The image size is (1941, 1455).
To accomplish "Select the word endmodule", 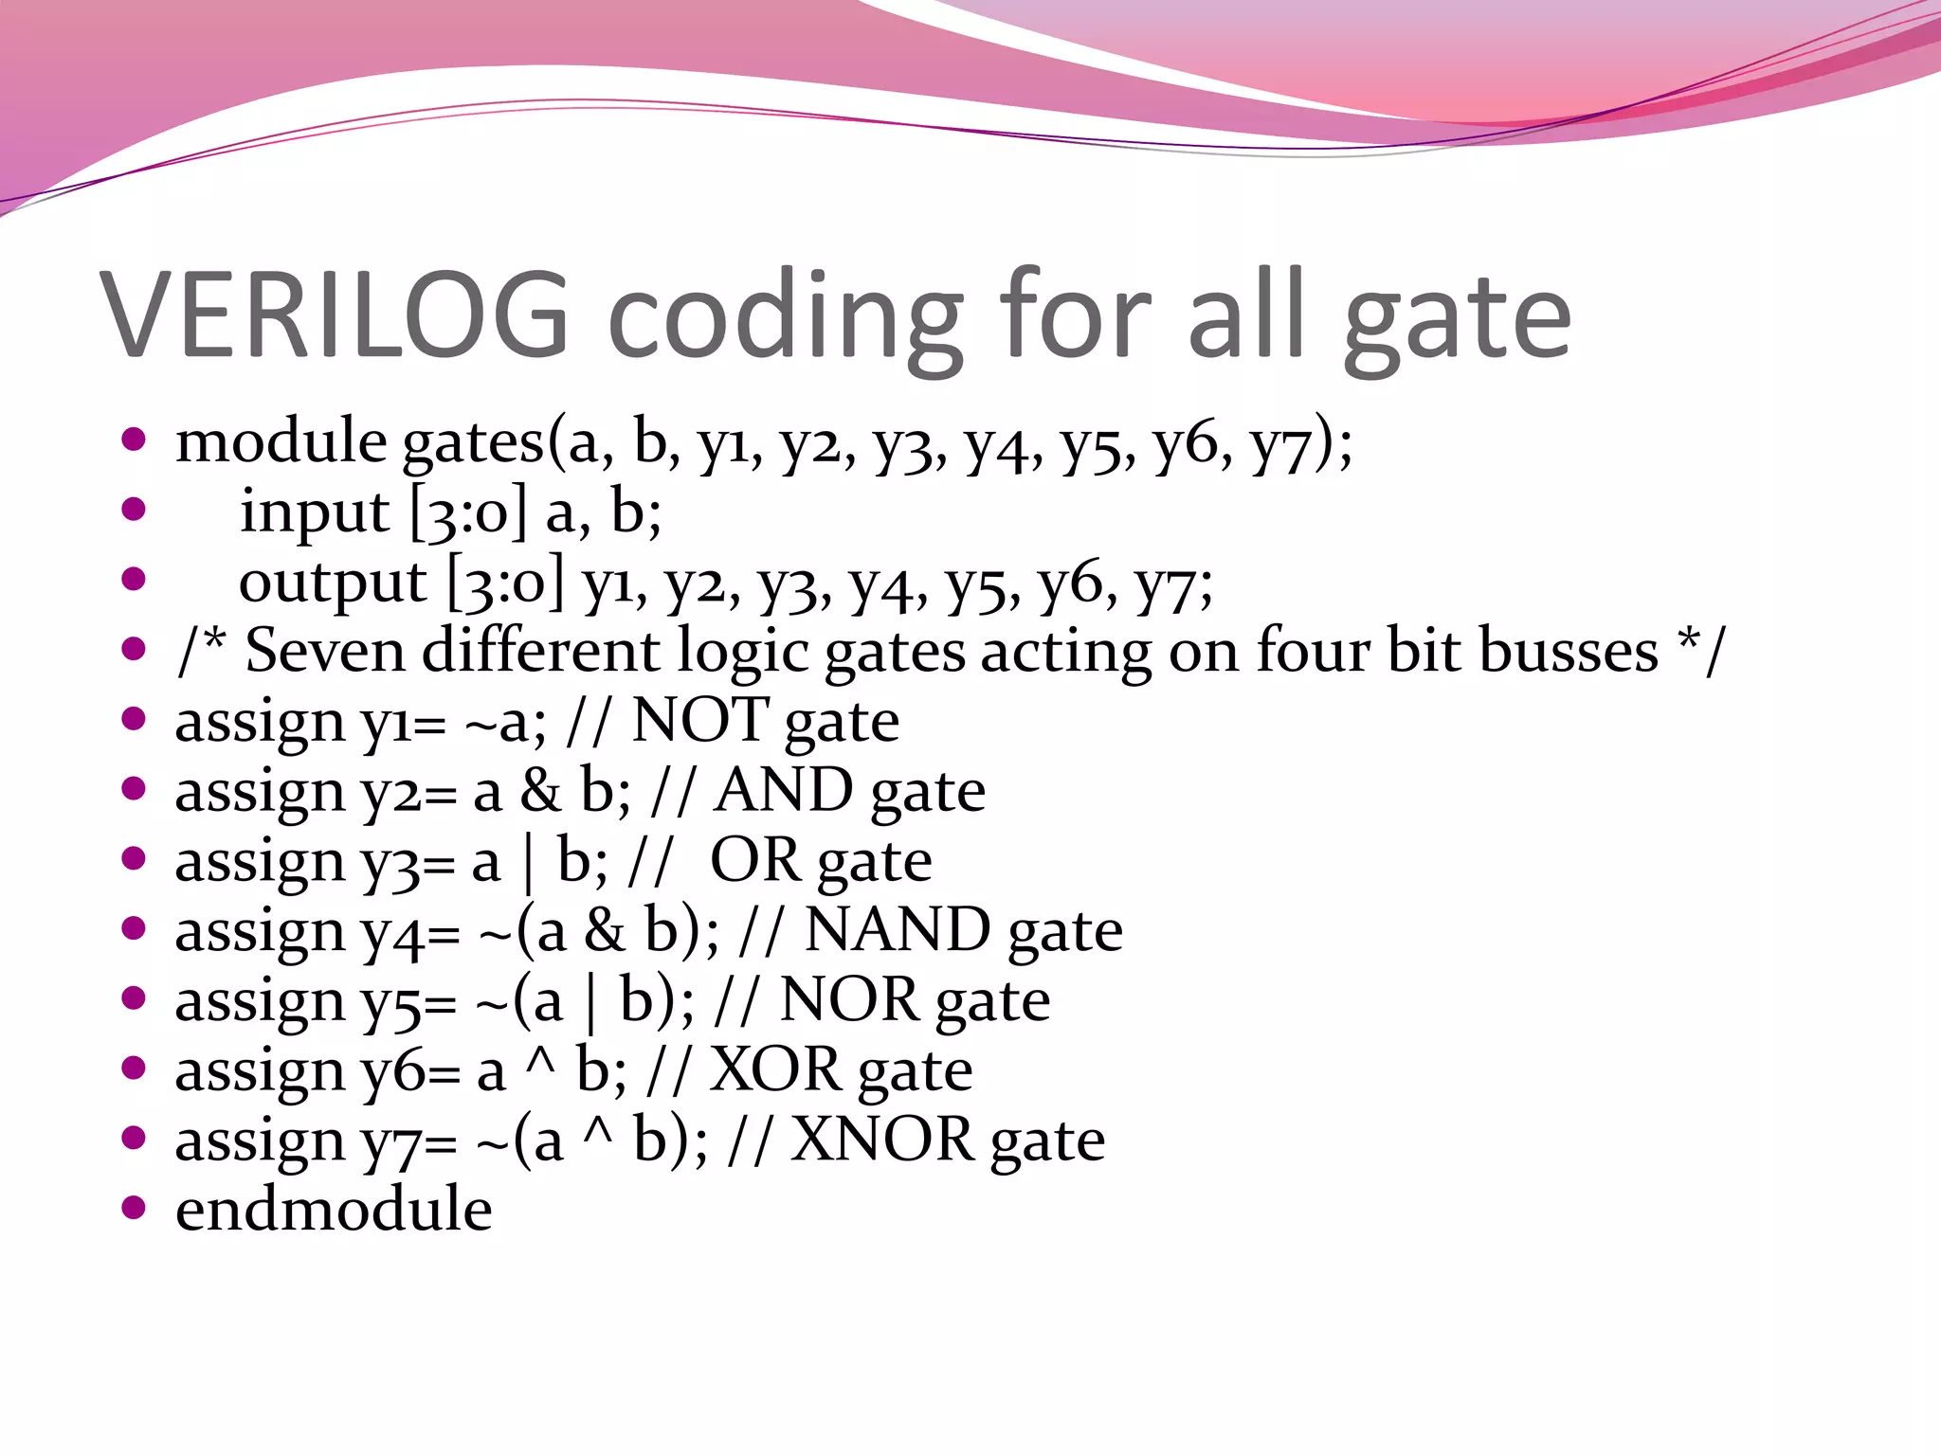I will tap(334, 1210).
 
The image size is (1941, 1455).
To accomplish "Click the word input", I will tap(314, 513).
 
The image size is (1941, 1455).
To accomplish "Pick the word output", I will tap(332, 583).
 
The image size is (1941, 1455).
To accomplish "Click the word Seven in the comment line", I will tap(325, 652).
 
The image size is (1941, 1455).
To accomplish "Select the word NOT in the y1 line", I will tap(699, 721).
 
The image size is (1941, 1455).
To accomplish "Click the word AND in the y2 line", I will tap(784, 791).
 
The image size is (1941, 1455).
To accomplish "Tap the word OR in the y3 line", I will tap(754, 860).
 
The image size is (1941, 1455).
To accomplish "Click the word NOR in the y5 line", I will tap(849, 1000).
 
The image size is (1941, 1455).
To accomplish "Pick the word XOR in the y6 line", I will tap(776, 1070).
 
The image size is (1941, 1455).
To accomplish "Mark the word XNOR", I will tap(882, 1140).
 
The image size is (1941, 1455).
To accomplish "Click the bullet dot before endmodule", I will tap(134, 1207).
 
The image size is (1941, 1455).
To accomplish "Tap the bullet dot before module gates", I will tap(134, 440).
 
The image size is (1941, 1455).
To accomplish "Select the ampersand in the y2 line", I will tap(540, 792).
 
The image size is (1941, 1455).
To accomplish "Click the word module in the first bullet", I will tap(281, 441).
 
